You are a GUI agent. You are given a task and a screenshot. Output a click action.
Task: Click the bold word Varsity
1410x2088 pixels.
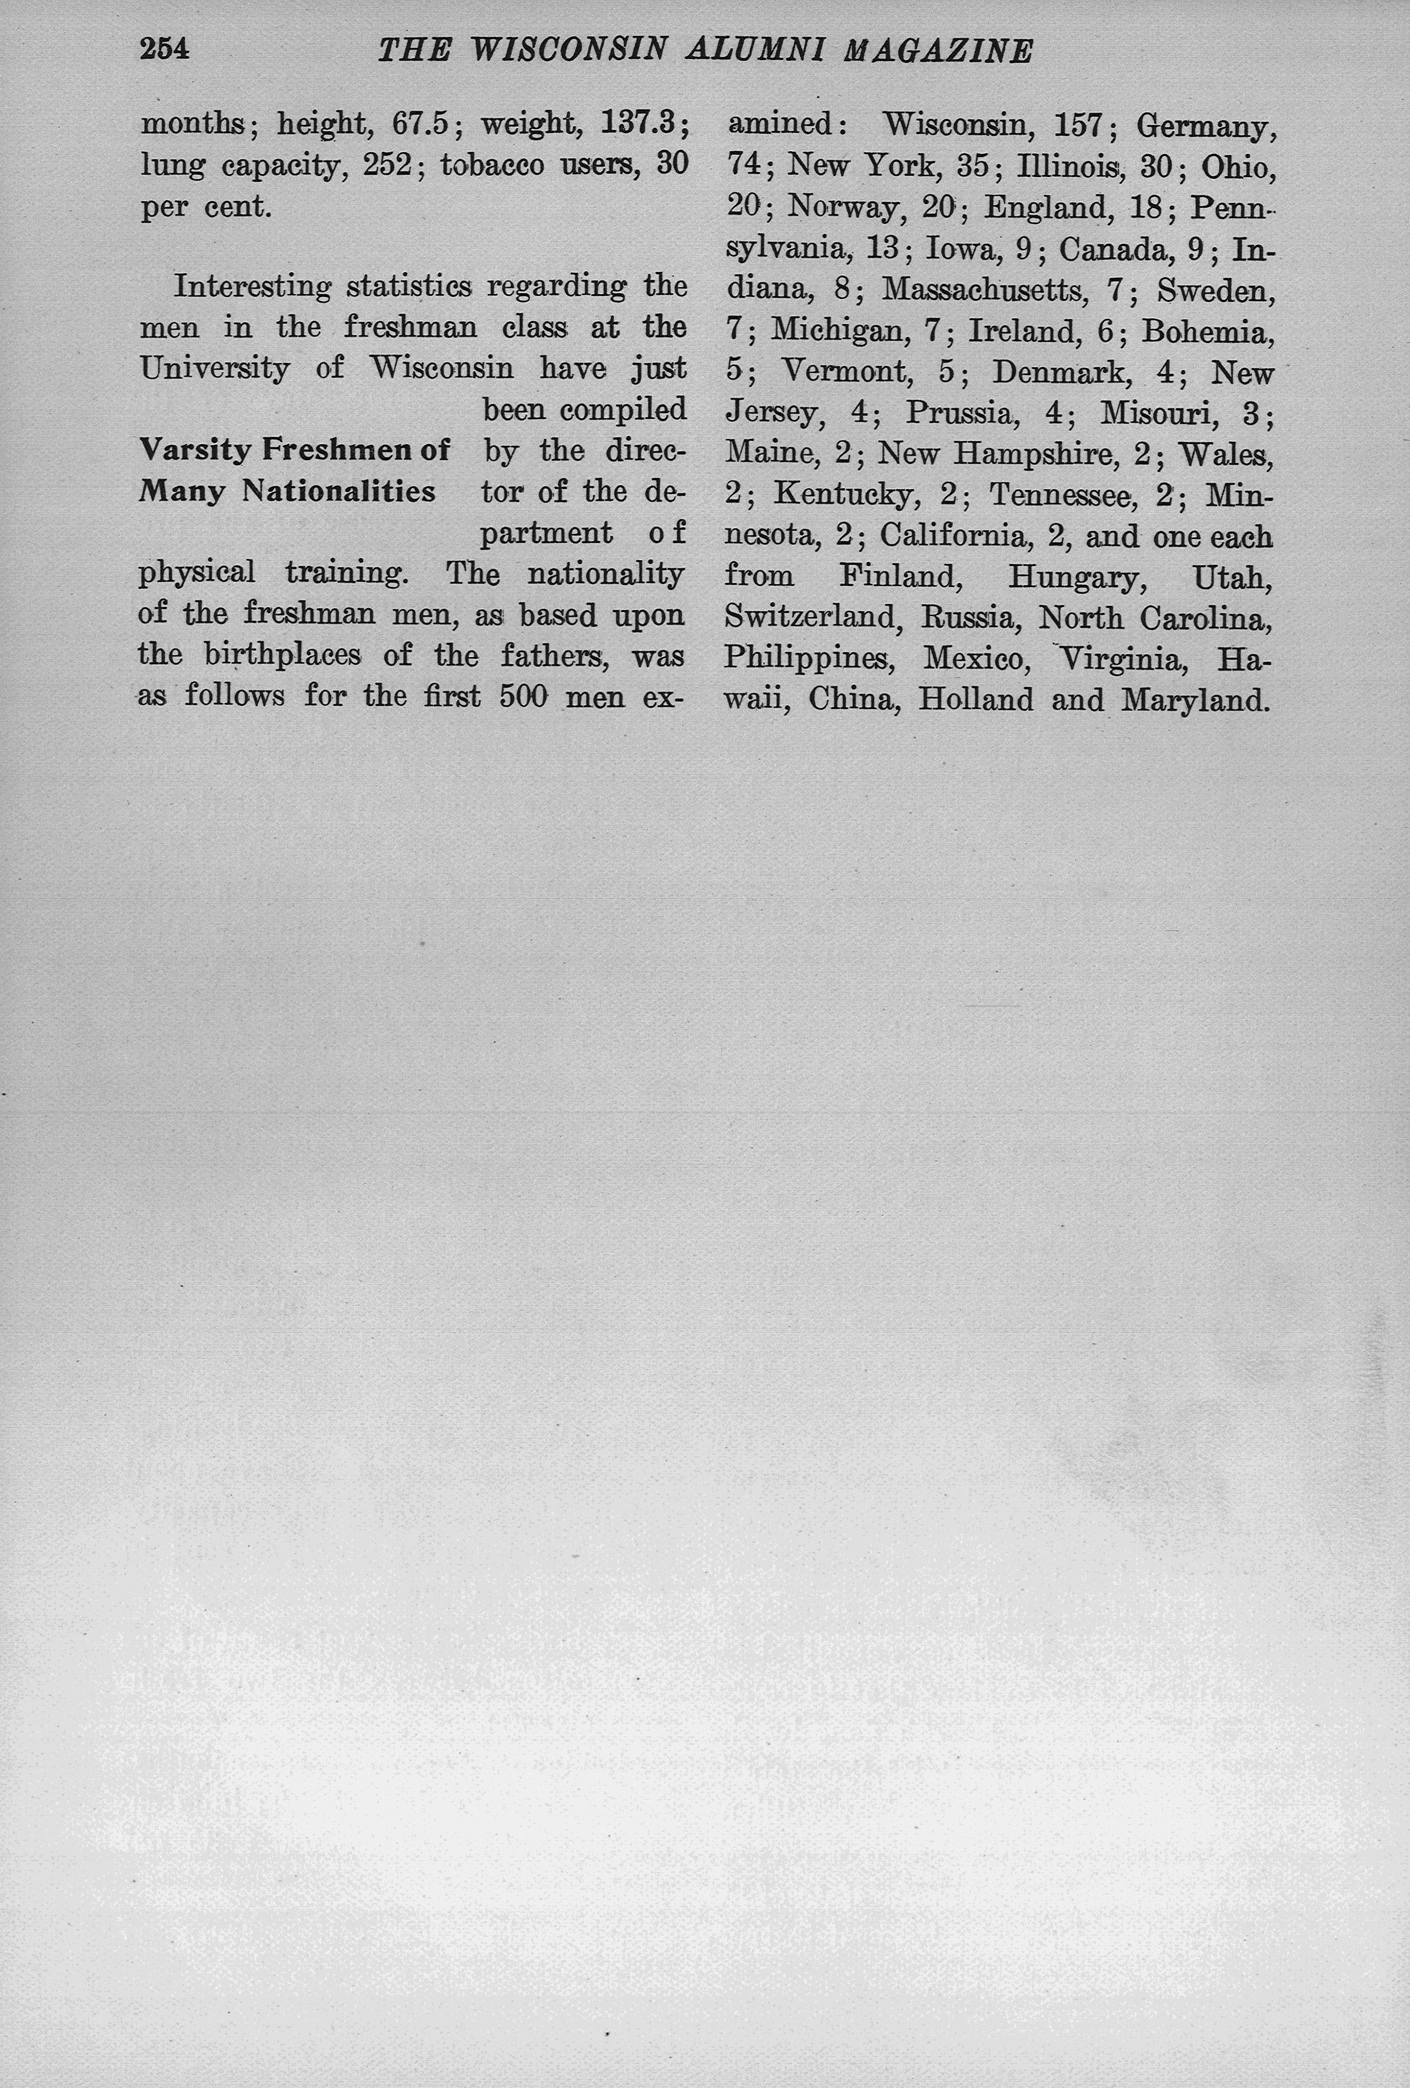195,449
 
